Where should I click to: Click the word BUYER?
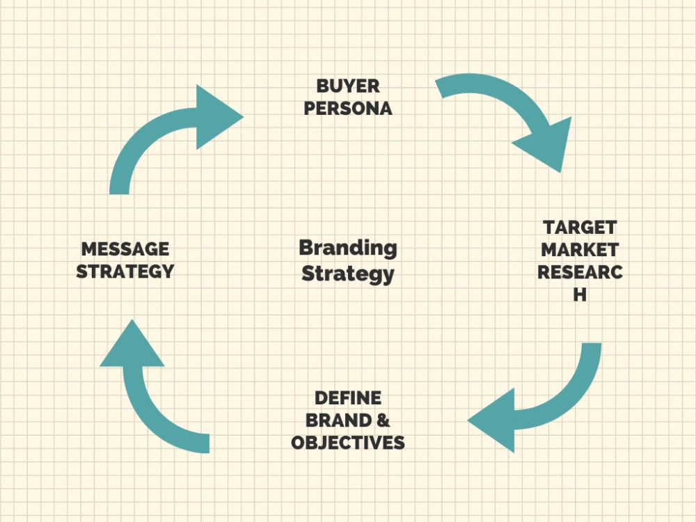click(x=348, y=86)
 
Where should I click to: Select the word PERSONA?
click(x=348, y=109)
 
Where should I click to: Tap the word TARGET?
click(x=580, y=228)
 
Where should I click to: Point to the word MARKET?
click(x=580, y=250)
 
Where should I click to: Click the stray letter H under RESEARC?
click(x=580, y=294)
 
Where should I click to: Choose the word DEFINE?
click(x=348, y=398)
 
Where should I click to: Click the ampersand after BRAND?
click(x=383, y=420)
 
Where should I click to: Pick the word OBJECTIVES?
click(x=348, y=443)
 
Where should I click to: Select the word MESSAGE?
click(x=125, y=249)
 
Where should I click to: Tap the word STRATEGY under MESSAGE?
click(x=125, y=271)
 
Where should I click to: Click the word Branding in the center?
click(x=348, y=248)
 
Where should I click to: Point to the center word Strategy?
click(x=348, y=274)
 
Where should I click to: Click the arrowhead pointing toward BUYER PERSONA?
click(x=217, y=117)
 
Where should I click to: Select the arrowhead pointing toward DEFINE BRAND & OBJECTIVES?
click(x=493, y=420)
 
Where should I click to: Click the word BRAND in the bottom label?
click(x=339, y=420)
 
